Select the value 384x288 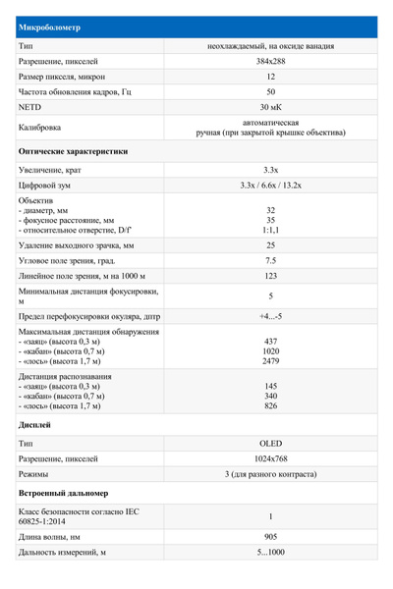click(x=270, y=61)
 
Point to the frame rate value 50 click(x=270, y=91)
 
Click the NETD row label click(x=30, y=106)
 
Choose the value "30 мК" click(x=270, y=106)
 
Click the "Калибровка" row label click(x=40, y=128)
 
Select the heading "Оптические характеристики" click(x=73, y=152)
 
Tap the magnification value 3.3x click(x=270, y=170)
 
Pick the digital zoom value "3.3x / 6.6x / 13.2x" click(x=270, y=185)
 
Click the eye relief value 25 click(x=270, y=244)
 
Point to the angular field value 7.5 click(x=270, y=260)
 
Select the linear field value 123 click(x=270, y=276)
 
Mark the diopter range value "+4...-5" click(x=270, y=317)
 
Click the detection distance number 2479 click(x=270, y=361)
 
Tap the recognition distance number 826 click(x=270, y=405)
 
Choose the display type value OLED click(x=270, y=444)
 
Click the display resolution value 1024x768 click(x=270, y=458)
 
